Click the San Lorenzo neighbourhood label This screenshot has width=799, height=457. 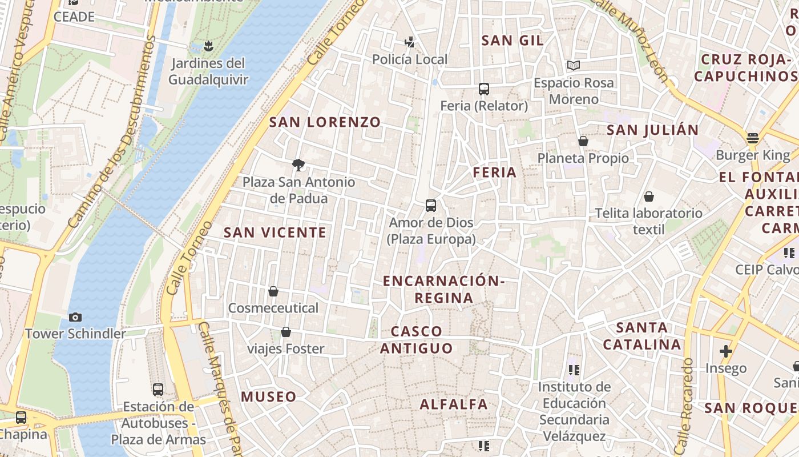click(x=325, y=122)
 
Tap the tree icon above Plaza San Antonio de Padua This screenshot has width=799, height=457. click(x=298, y=165)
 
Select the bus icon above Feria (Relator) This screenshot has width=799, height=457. click(x=484, y=89)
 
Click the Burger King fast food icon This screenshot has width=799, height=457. click(x=753, y=138)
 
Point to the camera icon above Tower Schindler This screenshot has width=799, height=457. click(x=75, y=317)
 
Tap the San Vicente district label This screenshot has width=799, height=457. click(x=275, y=232)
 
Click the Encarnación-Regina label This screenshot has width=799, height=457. click(x=443, y=289)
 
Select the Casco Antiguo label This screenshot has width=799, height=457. click(x=417, y=339)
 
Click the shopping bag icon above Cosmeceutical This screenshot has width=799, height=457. click(x=273, y=291)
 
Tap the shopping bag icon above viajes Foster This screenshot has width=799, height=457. click(x=286, y=332)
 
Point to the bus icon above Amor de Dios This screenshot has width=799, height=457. click(x=431, y=206)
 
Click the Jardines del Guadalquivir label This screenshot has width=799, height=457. click(x=208, y=71)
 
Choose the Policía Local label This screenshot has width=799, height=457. click(x=410, y=59)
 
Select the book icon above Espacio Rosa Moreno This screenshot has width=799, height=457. click(x=574, y=66)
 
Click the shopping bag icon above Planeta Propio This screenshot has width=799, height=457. click(x=583, y=141)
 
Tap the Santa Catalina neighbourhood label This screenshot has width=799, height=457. click(x=642, y=336)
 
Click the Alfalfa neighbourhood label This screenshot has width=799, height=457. click(x=454, y=404)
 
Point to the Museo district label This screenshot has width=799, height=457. click(x=268, y=396)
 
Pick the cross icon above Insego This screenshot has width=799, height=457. click(x=726, y=351)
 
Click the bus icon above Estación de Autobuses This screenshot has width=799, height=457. click(x=158, y=390)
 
